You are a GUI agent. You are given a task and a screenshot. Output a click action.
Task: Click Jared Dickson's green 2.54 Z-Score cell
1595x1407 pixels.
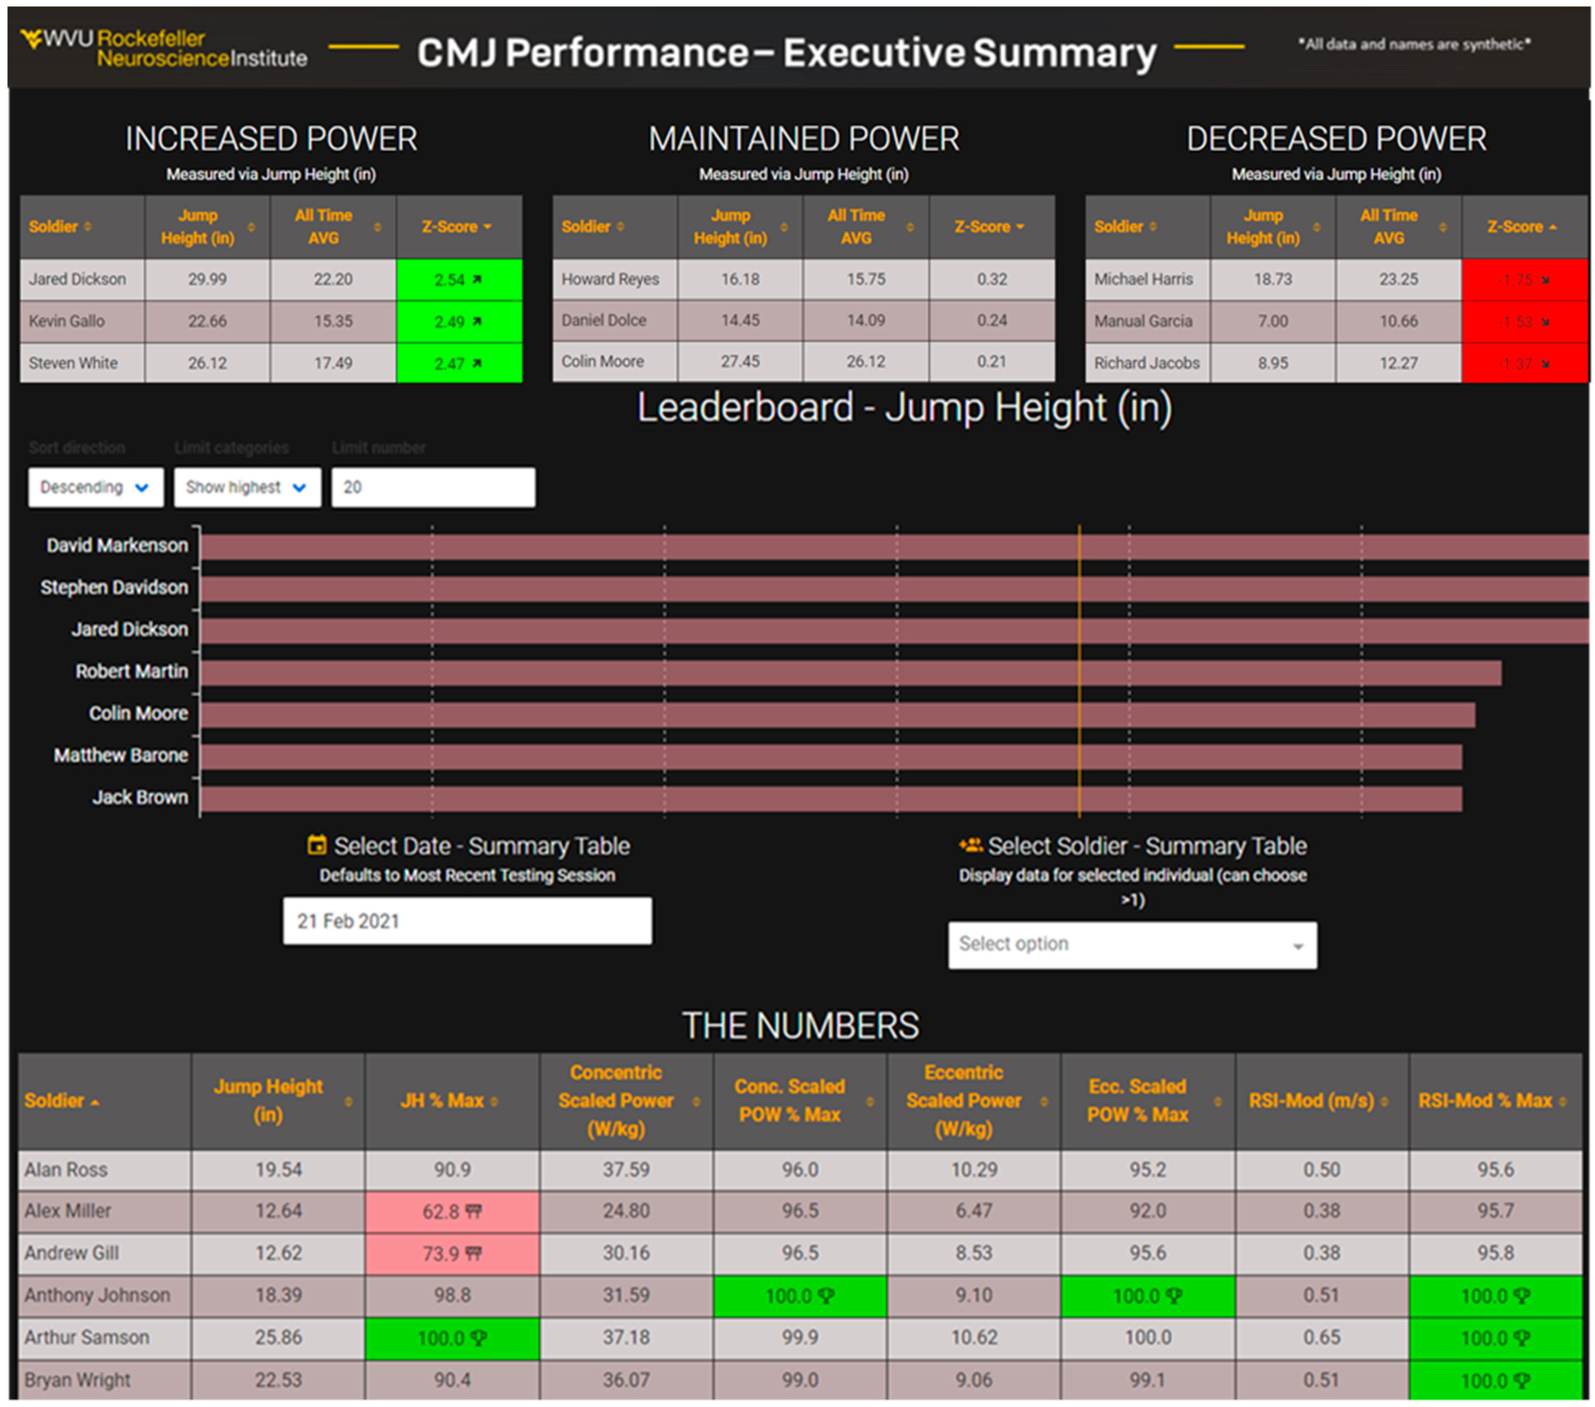point(459,279)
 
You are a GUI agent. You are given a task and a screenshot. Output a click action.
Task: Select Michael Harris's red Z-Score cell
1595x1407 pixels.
point(1524,279)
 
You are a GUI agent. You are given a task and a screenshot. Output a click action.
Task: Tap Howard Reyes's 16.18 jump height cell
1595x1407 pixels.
point(740,279)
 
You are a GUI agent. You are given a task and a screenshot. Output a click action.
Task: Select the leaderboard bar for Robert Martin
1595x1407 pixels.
point(851,673)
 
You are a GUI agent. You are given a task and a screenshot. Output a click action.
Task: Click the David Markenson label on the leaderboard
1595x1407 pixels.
point(117,545)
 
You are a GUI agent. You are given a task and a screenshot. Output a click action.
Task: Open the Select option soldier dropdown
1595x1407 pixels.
point(1132,945)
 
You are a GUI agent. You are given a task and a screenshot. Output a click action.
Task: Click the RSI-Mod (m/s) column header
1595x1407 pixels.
point(1311,1101)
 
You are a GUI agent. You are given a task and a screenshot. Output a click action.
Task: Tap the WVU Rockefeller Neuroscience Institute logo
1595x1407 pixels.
point(164,48)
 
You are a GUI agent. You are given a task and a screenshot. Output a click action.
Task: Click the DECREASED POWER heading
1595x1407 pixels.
point(1336,139)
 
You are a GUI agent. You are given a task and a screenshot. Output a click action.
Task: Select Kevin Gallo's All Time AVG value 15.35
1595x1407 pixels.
point(333,321)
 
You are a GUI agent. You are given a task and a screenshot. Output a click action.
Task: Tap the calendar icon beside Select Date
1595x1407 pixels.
point(317,845)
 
